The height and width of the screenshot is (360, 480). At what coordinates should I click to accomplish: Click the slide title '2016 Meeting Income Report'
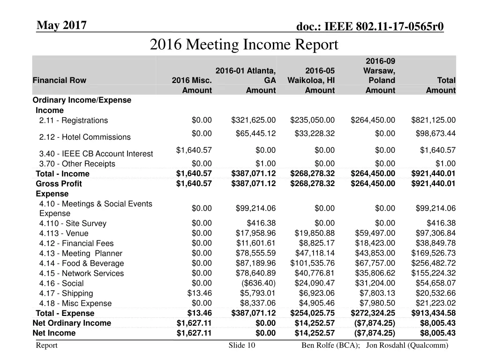pyautogui.click(x=244, y=45)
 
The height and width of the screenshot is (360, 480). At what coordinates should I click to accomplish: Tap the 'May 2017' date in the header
pyautogui.click(x=61, y=25)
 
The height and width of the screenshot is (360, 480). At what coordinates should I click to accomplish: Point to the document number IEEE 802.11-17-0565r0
pyautogui.click(x=370, y=27)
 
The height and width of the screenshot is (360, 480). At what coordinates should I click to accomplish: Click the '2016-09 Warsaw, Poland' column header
pyautogui.click(x=380, y=70)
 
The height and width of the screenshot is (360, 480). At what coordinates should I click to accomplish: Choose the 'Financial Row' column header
pyautogui.click(x=60, y=80)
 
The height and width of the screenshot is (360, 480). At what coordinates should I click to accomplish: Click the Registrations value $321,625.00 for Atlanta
pyautogui.click(x=253, y=120)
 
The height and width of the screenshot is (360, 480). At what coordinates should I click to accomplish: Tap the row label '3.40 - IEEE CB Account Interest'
pyautogui.click(x=96, y=154)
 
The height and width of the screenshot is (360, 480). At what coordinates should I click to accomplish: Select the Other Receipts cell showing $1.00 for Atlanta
pyautogui.click(x=266, y=164)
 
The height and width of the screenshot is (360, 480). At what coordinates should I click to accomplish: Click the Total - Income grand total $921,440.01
pyautogui.click(x=433, y=173)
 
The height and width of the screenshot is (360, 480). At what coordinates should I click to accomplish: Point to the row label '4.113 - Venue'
pyautogui.click(x=64, y=233)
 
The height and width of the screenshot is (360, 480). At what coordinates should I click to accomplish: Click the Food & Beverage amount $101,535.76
pyautogui.click(x=313, y=263)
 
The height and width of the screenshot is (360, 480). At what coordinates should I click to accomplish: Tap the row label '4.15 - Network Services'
pyautogui.click(x=82, y=273)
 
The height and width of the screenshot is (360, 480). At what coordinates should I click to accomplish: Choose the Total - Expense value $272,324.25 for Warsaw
pyautogui.click(x=373, y=313)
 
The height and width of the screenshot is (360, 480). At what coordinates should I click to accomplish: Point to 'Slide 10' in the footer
pyautogui.click(x=242, y=345)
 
